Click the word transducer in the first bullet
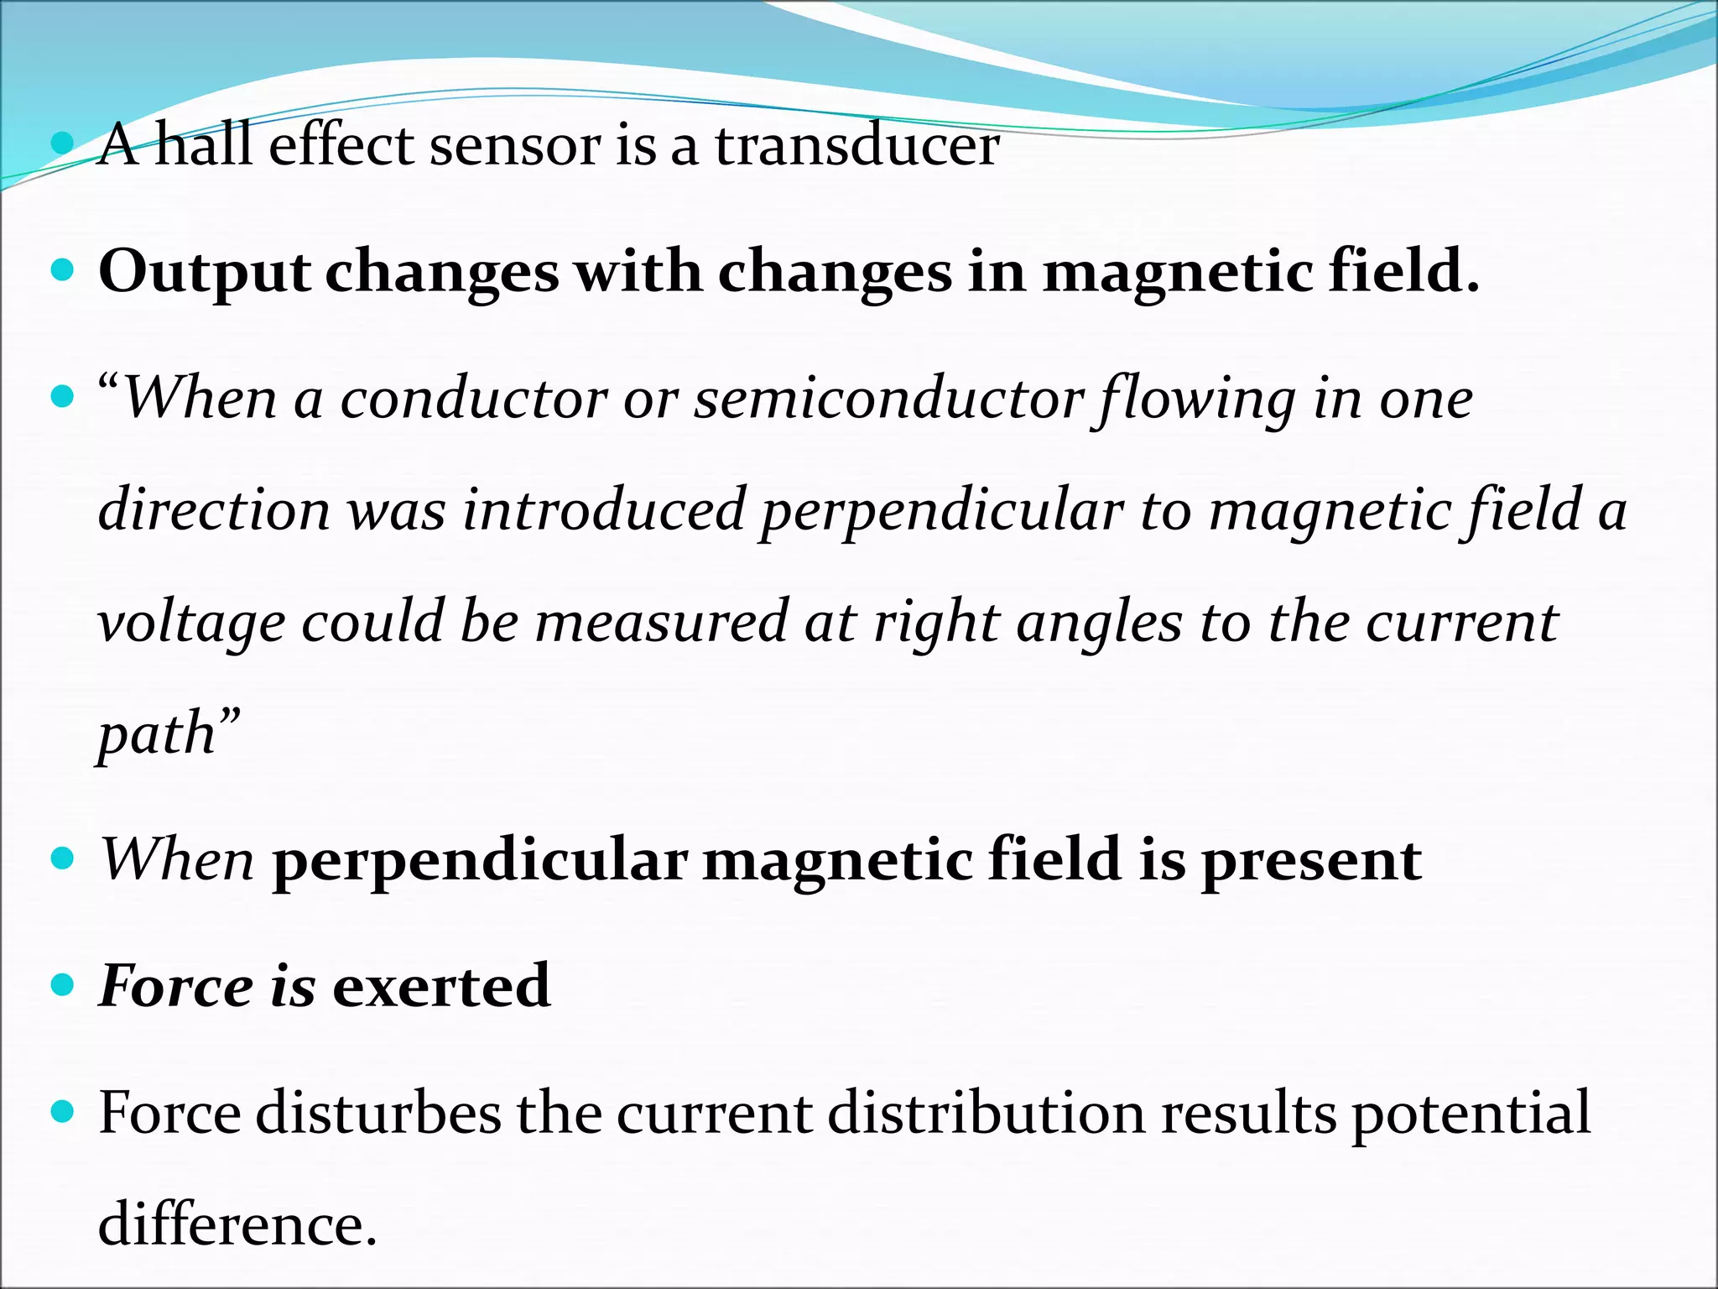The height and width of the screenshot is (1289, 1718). pos(856,146)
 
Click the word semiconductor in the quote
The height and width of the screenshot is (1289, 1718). pos(889,399)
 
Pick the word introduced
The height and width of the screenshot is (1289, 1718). pos(604,510)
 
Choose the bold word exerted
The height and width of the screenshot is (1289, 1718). pos(441,986)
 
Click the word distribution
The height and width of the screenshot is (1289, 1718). pos(986,1114)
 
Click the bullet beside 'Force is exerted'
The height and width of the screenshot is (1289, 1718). pos(63,984)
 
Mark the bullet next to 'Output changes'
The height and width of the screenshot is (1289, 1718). pos(63,270)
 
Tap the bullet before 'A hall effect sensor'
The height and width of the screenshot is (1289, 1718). pos(63,144)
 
